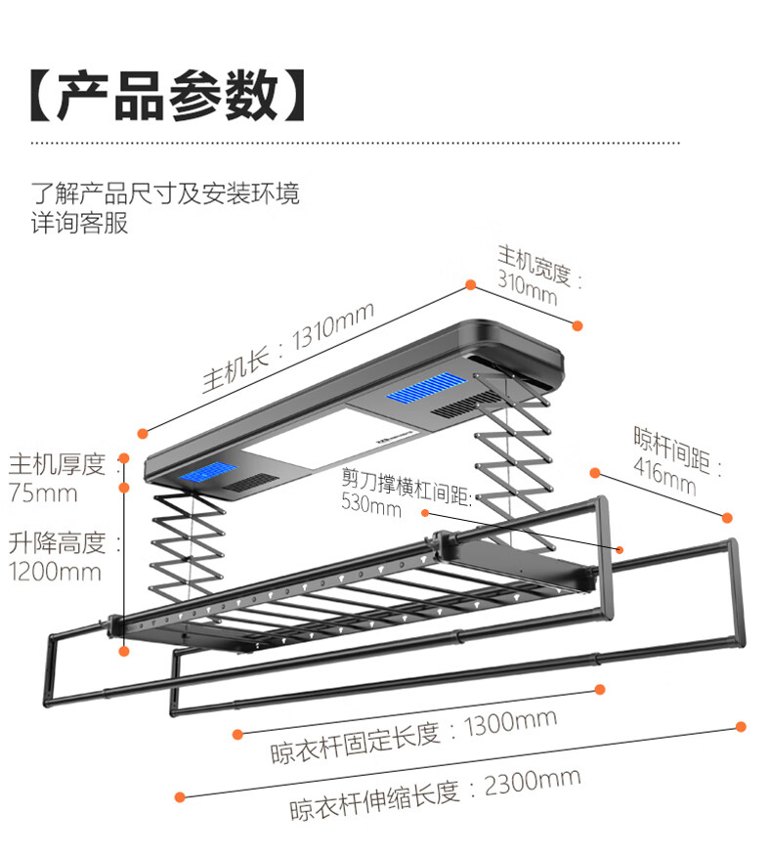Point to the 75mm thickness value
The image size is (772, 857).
pos(42,493)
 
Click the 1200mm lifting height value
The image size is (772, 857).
pos(55,571)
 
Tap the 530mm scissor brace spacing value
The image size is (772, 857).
pos(370,506)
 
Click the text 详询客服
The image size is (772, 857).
pos(80,223)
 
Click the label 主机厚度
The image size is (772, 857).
pos(58,463)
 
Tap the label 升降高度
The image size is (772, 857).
pos(58,541)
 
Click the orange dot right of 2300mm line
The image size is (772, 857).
pos(740,726)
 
